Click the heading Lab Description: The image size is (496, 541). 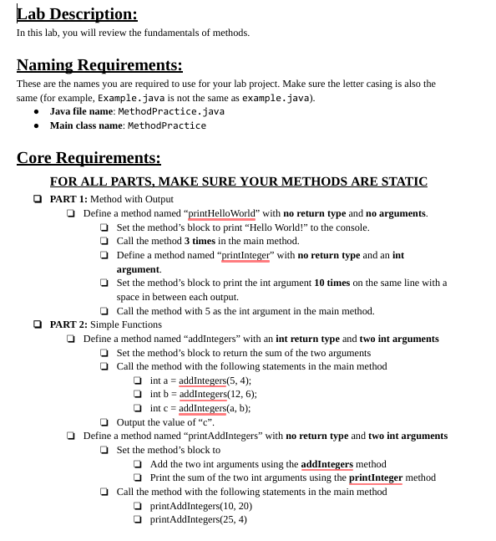(x=77, y=14)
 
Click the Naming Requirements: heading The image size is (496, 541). (x=99, y=64)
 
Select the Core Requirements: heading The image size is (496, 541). (x=89, y=157)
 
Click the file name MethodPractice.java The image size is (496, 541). (x=171, y=111)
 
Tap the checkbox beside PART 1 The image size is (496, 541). (x=38, y=199)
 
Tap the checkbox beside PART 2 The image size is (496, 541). (x=38, y=324)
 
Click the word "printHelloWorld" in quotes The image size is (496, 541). (x=222, y=213)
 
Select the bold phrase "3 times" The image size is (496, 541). (x=200, y=241)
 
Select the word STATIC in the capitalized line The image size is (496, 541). (x=399, y=181)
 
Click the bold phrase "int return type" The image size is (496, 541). (x=307, y=339)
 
